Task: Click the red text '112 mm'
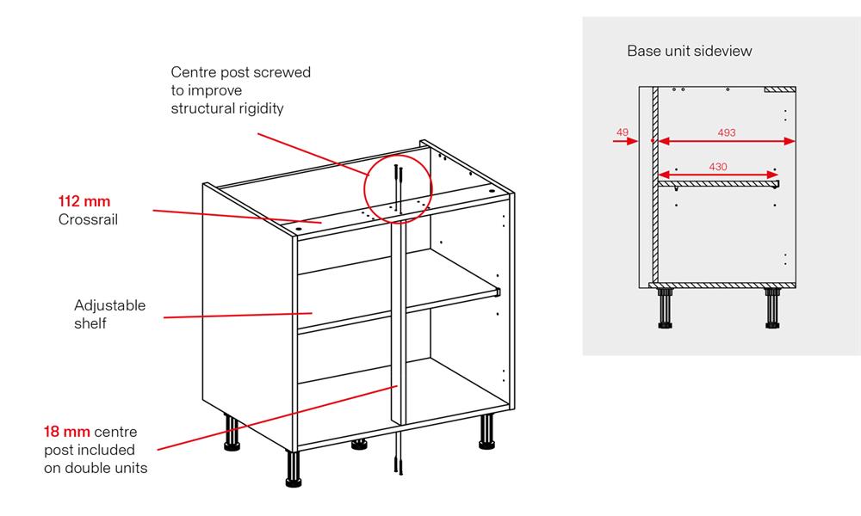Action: click(x=84, y=202)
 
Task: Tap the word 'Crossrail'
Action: click(x=87, y=220)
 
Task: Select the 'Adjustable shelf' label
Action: click(x=109, y=314)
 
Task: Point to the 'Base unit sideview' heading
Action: click(x=689, y=51)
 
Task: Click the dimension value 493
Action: click(x=727, y=132)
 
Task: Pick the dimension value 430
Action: click(x=718, y=166)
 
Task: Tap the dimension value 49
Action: click(x=623, y=132)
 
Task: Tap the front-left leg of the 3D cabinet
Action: click(x=293, y=469)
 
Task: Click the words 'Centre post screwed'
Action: click(x=240, y=72)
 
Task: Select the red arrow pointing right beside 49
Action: click(x=625, y=142)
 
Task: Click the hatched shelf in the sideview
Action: click(x=718, y=182)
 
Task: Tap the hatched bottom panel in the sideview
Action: click(x=723, y=283)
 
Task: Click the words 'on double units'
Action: click(x=96, y=468)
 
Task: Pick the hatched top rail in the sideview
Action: click(x=778, y=89)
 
